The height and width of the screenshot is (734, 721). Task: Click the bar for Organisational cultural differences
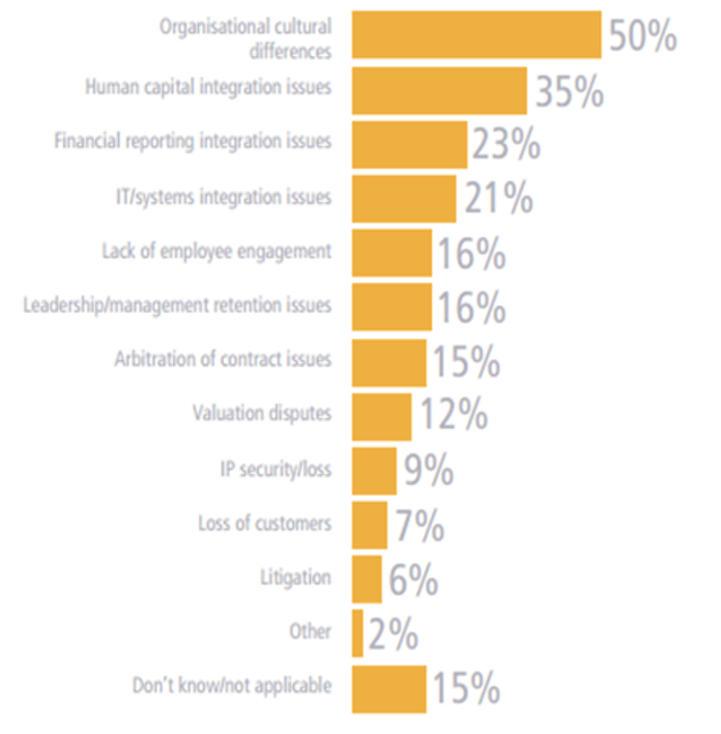(476, 36)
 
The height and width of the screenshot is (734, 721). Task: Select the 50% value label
(642, 37)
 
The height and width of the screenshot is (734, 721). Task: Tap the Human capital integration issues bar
(439, 91)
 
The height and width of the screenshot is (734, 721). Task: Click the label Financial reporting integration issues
(192, 141)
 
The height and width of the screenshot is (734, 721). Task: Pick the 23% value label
(505, 145)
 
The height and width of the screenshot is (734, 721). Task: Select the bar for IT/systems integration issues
(403, 199)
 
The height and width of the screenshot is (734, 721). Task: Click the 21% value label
(498, 199)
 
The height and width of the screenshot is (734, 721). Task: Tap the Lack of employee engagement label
(216, 251)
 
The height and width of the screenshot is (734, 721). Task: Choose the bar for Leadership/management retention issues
(391, 307)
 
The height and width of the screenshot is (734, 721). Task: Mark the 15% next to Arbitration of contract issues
(466, 362)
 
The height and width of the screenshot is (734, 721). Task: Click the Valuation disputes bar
(381, 416)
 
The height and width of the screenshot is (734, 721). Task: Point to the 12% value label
(452, 416)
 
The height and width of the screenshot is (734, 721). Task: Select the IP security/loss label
(275, 469)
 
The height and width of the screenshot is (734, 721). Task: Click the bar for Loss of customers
(369, 525)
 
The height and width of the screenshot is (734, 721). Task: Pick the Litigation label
(295, 578)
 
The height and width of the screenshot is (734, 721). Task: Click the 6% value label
(414, 580)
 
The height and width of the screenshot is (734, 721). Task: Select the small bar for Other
(358, 634)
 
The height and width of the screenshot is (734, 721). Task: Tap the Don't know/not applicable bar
(389, 689)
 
